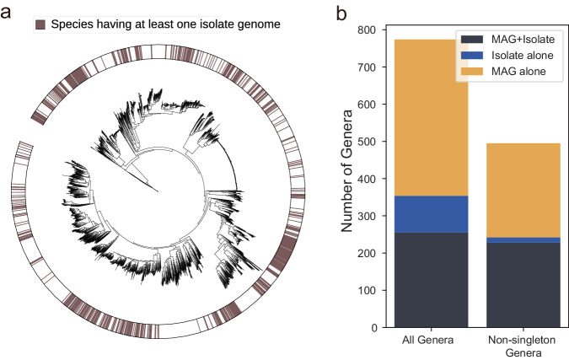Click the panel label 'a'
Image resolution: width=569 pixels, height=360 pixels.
tap(8, 13)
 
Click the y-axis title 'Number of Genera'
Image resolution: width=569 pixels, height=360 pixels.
tap(348, 179)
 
